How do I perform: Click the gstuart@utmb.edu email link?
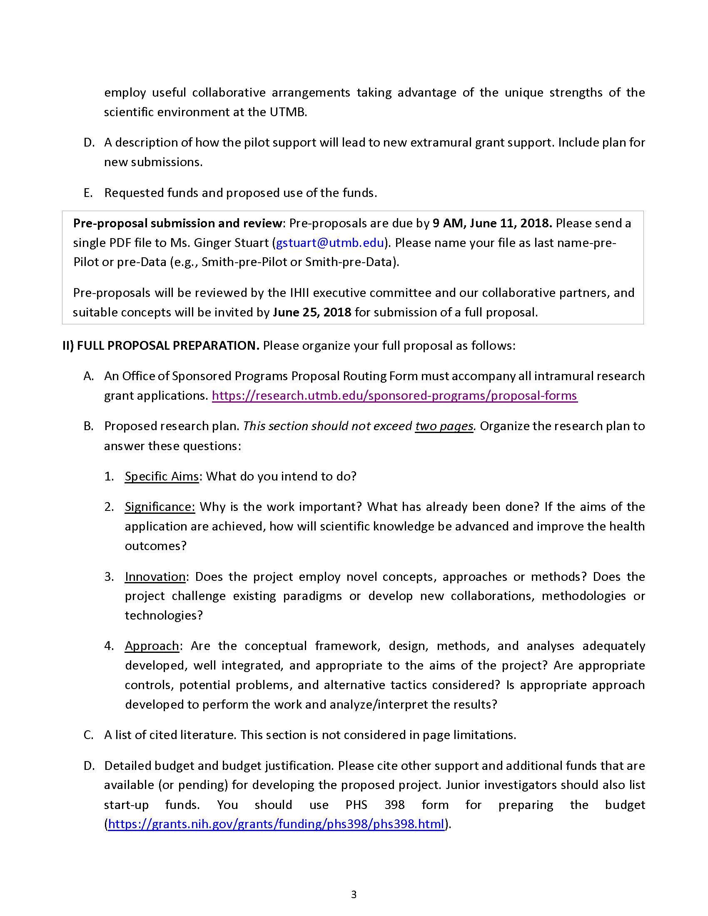point(330,243)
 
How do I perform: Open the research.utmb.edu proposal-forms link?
point(394,396)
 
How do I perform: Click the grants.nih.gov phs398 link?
point(276,824)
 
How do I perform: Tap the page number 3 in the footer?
point(354,895)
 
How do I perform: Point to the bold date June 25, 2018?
point(312,312)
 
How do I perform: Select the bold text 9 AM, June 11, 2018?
point(492,223)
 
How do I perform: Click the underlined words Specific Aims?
point(162,476)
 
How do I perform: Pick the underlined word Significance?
point(160,507)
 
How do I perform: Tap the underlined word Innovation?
point(155,577)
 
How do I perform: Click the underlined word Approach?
point(152,646)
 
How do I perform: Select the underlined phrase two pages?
point(444,426)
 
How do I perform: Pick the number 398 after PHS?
point(394,805)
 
